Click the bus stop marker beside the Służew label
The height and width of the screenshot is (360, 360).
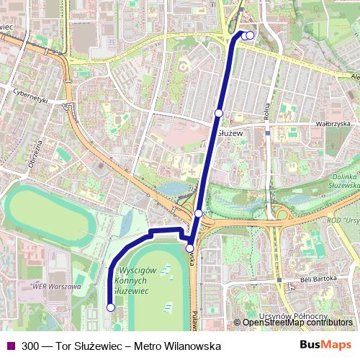[x=218, y=112]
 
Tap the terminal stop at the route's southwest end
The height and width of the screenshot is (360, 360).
[x=110, y=307]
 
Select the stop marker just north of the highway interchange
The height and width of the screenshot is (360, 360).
[x=198, y=213]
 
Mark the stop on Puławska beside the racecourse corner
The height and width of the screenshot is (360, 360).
[x=189, y=248]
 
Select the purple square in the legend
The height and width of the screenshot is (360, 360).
[x=9, y=346]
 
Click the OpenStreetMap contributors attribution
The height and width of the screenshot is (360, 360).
[x=296, y=322]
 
